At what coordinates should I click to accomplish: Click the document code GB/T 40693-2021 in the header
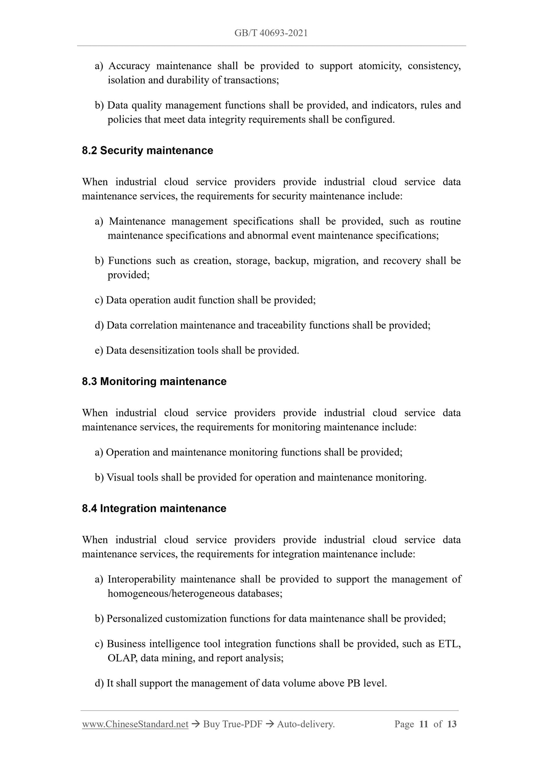[271, 33]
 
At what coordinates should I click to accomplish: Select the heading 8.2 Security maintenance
[147, 151]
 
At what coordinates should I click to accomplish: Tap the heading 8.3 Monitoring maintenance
[154, 381]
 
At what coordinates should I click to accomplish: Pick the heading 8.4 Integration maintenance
[154, 508]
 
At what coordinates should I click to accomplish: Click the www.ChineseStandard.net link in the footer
[135, 724]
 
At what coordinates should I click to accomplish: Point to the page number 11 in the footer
[424, 724]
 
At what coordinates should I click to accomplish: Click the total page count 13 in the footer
[452, 724]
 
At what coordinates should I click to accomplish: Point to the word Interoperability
[142, 579]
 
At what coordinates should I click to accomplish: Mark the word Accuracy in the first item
[129, 66]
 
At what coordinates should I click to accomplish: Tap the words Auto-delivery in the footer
[306, 724]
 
